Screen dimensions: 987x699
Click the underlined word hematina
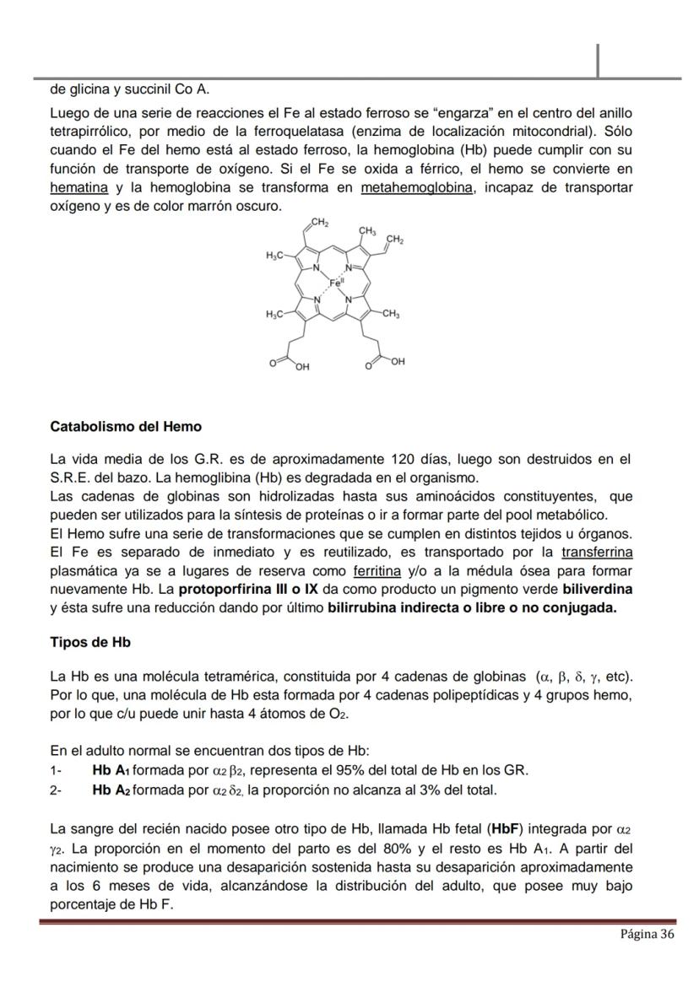[79, 187]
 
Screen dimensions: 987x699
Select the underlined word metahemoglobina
[416, 187]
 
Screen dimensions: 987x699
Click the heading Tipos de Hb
[90, 641]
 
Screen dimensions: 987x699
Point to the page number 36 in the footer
[647, 934]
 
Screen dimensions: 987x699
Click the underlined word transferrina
[596, 553]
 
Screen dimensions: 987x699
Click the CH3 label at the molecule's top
[368, 230]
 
